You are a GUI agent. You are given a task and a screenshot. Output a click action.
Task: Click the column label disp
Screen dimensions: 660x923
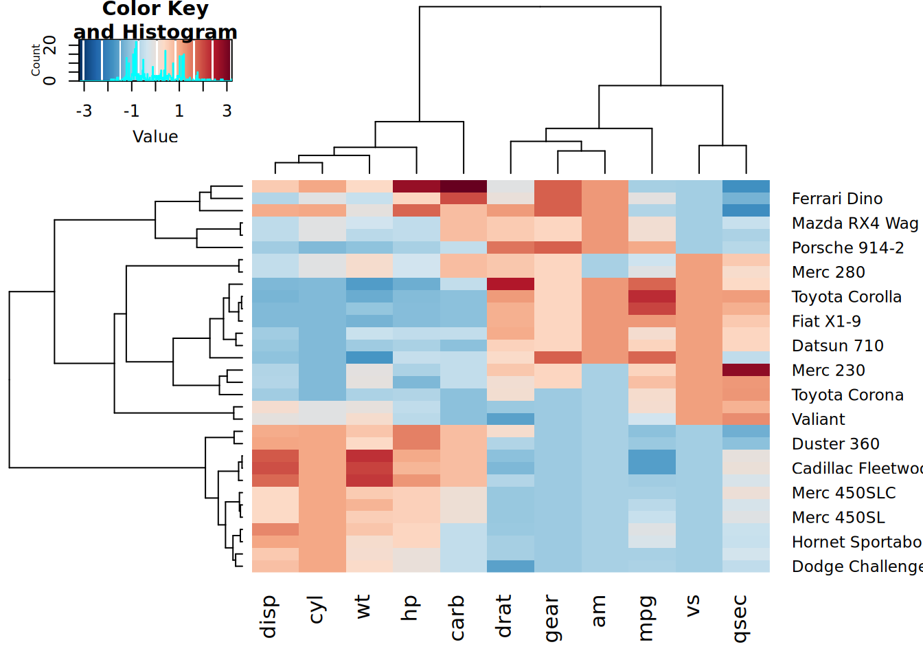[x=269, y=617]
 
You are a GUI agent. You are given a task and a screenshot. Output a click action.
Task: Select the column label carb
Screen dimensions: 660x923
[x=457, y=617]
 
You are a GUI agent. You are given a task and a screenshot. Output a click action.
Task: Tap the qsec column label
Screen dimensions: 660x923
[x=740, y=619]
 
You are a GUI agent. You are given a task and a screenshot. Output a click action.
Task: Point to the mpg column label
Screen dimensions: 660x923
[x=646, y=618]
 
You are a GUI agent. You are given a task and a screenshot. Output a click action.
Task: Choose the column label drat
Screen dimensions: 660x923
[x=503, y=617]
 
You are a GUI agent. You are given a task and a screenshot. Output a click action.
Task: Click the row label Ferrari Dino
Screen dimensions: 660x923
[x=836, y=199]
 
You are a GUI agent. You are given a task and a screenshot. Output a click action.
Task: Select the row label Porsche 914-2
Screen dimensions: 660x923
[x=847, y=247]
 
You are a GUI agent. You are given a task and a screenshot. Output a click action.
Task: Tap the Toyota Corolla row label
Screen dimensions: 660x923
[x=846, y=297]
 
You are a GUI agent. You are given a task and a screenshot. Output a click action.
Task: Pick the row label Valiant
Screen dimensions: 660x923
[x=818, y=419]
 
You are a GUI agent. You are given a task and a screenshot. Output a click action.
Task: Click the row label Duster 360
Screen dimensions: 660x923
[x=835, y=444]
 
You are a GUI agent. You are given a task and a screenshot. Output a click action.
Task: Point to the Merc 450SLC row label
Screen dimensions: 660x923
[x=843, y=493]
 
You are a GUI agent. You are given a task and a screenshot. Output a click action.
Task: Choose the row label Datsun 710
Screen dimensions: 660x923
[x=837, y=346]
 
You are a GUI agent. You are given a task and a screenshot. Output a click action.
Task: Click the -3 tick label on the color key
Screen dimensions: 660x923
[x=84, y=111]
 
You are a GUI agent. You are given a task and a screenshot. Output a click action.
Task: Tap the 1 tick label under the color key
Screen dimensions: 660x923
[x=179, y=111]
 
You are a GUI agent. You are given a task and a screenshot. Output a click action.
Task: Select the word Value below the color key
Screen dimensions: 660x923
[x=155, y=137]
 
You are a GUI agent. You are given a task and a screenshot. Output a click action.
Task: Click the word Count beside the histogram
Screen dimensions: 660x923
[x=36, y=60]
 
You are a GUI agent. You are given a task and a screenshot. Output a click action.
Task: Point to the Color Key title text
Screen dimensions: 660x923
[x=155, y=10]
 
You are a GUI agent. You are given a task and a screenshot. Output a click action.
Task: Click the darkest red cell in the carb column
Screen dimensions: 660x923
[x=464, y=186]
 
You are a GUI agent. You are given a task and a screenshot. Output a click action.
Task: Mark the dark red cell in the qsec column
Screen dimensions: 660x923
[x=746, y=370]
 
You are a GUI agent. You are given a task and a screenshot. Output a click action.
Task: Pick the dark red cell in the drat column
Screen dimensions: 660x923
[x=510, y=284]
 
